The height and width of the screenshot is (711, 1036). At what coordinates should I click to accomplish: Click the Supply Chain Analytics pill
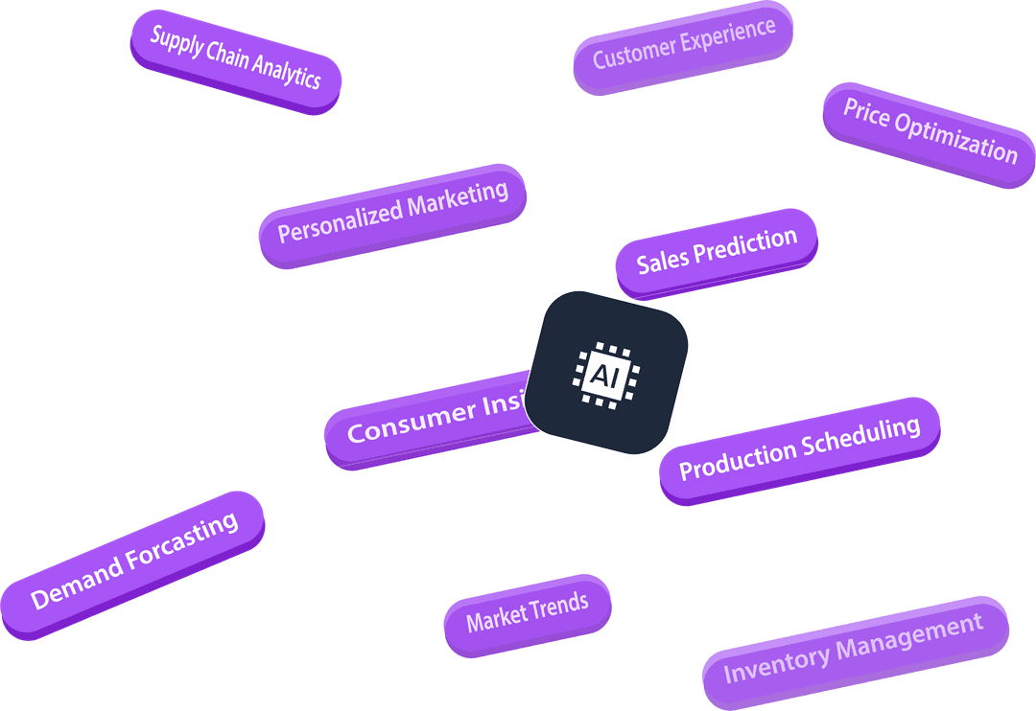(235, 61)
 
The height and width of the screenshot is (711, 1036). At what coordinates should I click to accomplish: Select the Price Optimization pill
(929, 133)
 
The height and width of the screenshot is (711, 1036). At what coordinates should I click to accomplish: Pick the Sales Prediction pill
(717, 250)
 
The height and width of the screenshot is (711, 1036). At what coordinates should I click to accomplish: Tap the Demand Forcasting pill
(133, 562)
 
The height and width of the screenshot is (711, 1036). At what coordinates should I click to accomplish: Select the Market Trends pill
(527, 613)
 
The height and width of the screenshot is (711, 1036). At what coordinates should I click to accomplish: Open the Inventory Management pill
(854, 650)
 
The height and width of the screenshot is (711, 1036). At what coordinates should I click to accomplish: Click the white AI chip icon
(606, 373)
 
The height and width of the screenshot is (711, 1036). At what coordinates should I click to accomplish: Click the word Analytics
(287, 74)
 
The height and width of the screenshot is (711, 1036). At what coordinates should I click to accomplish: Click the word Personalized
(341, 224)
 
